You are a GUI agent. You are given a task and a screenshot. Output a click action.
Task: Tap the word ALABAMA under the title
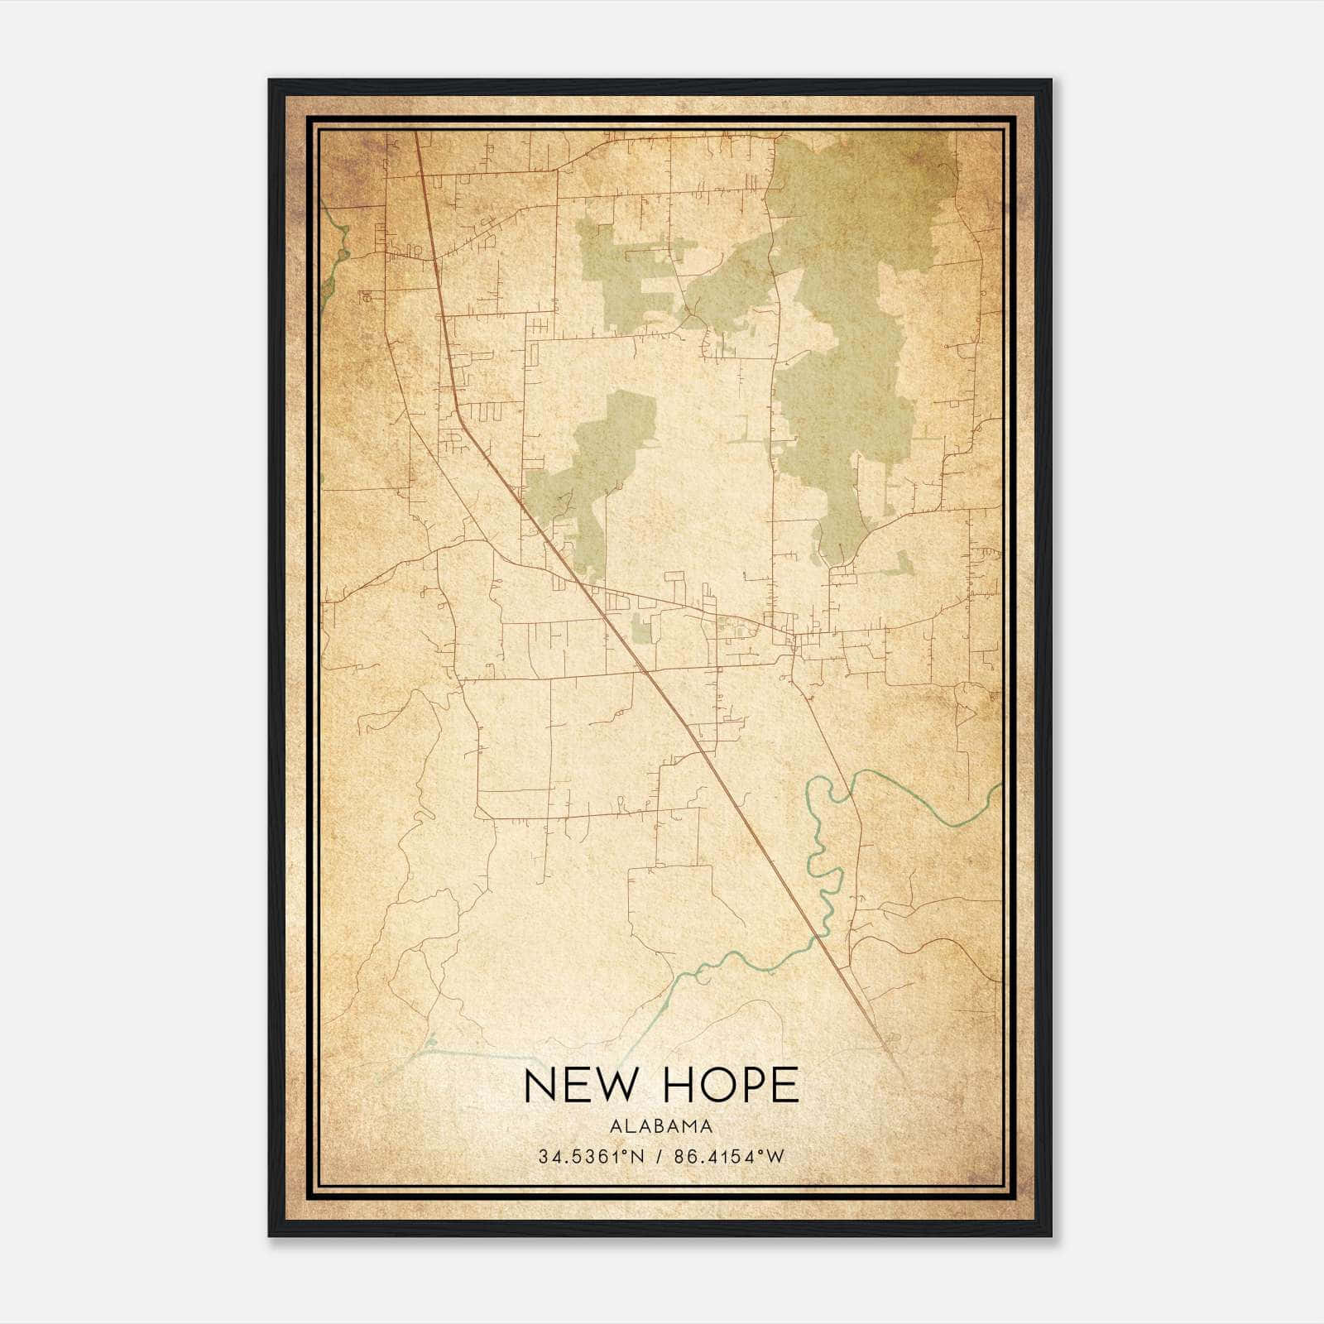661,1126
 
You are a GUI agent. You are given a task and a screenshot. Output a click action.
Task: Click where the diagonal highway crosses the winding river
820,938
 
